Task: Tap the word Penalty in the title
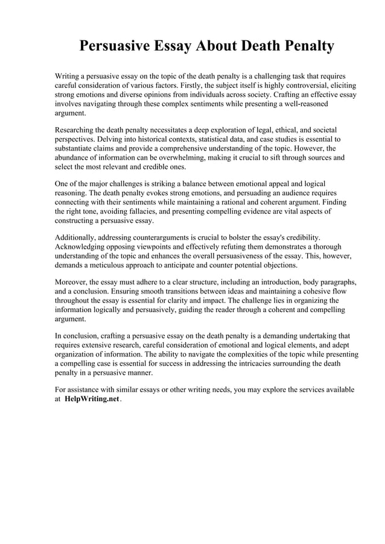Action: tap(304, 46)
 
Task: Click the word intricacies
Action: tap(269, 363)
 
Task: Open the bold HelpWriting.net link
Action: tap(91, 399)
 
